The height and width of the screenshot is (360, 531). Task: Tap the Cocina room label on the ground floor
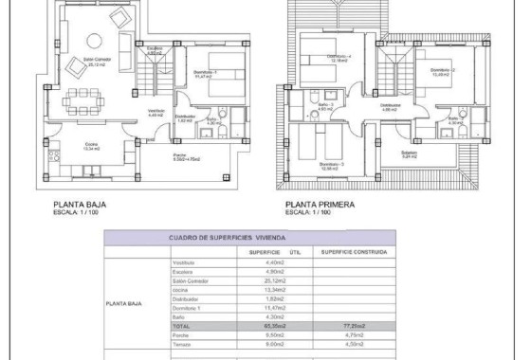[x=64, y=147]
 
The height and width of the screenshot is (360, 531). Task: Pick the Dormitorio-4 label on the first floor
[x=339, y=58]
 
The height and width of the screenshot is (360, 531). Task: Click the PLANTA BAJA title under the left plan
[x=78, y=204]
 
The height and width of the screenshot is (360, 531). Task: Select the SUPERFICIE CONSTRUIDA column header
[x=349, y=252]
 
